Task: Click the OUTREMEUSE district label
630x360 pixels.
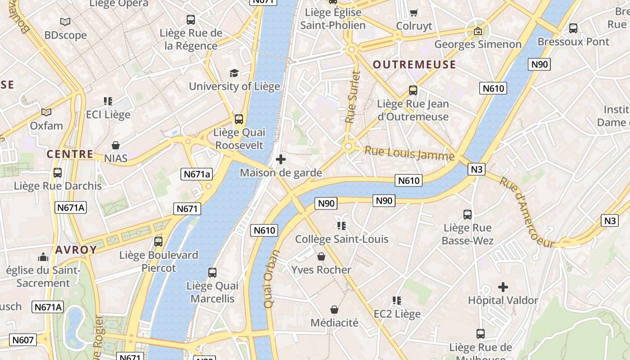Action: click(414, 65)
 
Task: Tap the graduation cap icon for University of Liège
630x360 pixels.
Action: click(234, 73)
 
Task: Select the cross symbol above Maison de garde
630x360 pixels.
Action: click(281, 159)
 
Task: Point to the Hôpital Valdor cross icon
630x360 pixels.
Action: click(503, 287)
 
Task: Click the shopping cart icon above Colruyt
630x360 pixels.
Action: click(414, 13)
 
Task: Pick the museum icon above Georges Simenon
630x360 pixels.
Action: click(477, 31)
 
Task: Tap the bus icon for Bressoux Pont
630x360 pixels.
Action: click(573, 28)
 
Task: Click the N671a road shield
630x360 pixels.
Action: click(197, 174)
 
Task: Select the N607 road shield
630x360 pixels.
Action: click(23, 340)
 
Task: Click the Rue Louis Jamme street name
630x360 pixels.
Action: click(409, 153)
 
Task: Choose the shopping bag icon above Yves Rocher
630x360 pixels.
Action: click(321, 256)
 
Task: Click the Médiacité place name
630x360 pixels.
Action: click(334, 323)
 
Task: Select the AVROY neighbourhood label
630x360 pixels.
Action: click(76, 250)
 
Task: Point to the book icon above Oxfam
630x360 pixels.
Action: click(46, 112)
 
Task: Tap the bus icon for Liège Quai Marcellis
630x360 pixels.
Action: click(212, 272)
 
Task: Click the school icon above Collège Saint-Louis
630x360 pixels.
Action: click(341, 225)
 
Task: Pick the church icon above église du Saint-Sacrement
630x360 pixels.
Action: click(43, 257)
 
